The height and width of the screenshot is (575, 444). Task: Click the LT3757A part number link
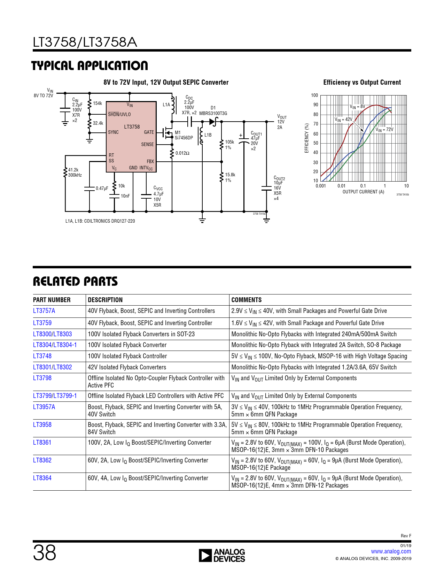pyautogui.click(x=44, y=311)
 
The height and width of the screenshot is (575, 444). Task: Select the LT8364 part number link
pyautogui.click(x=42, y=478)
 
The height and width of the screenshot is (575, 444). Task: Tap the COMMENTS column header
pyautogui.click(x=247, y=300)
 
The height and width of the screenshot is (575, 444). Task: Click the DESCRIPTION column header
pyautogui.click(x=105, y=300)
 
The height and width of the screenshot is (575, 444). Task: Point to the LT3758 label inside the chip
pyautogui.click(x=132, y=127)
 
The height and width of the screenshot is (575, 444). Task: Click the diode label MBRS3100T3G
pyautogui.click(x=213, y=113)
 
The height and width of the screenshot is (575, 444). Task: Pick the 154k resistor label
pyautogui.click(x=98, y=103)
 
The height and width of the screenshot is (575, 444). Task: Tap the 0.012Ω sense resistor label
pyautogui.click(x=182, y=153)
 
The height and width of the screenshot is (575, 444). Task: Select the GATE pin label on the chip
pyautogui.click(x=149, y=132)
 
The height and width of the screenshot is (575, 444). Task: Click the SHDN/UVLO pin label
pyautogui.click(x=119, y=114)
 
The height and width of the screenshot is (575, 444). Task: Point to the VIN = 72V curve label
pyautogui.click(x=384, y=130)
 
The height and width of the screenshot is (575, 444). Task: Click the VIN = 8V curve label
pyautogui.click(x=357, y=107)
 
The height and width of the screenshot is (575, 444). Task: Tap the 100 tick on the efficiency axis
pyautogui.click(x=314, y=95)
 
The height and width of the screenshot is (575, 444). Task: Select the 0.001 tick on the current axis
pyautogui.click(x=321, y=186)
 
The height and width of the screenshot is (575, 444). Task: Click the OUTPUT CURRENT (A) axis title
pyautogui.click(x=363, y=192)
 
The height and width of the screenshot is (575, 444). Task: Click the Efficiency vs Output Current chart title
pyautogui.click(x=362, y=83)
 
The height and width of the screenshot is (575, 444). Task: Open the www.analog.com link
pyautogui.click(x=391, y=551)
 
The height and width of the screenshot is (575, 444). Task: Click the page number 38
pyautogui.click(x=45, y=553)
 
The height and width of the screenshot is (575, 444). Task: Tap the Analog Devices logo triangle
pyautogui.click(x=205, y=555)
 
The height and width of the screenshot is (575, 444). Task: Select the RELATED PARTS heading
pyautogui.click(x=75, y=282)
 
